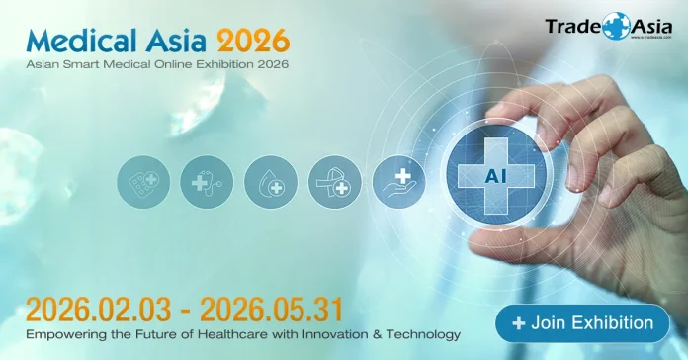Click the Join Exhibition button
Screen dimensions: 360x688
coord(590,323)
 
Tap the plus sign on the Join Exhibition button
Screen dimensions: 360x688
coord(519,323)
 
